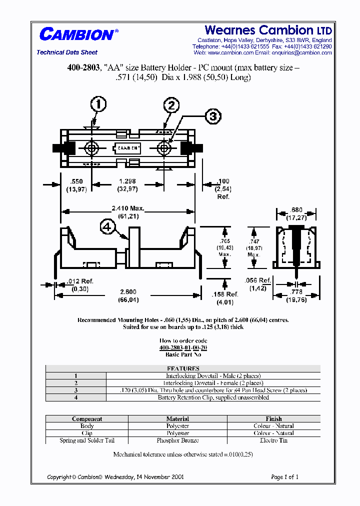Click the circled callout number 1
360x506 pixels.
tap(98, 104)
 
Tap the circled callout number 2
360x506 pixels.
tap(171, 105)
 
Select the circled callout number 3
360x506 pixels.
tap(213, 116)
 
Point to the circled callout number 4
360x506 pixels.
tap(106, 227)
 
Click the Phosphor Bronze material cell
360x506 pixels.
tap(177, 440)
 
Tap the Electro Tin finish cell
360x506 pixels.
tap(273, 440)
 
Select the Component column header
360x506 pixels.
tap(87, 419)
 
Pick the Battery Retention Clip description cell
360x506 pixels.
tap(213, 397)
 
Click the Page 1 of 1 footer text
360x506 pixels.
tap(284, 477)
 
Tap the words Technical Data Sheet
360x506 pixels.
tap(67, 52)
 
